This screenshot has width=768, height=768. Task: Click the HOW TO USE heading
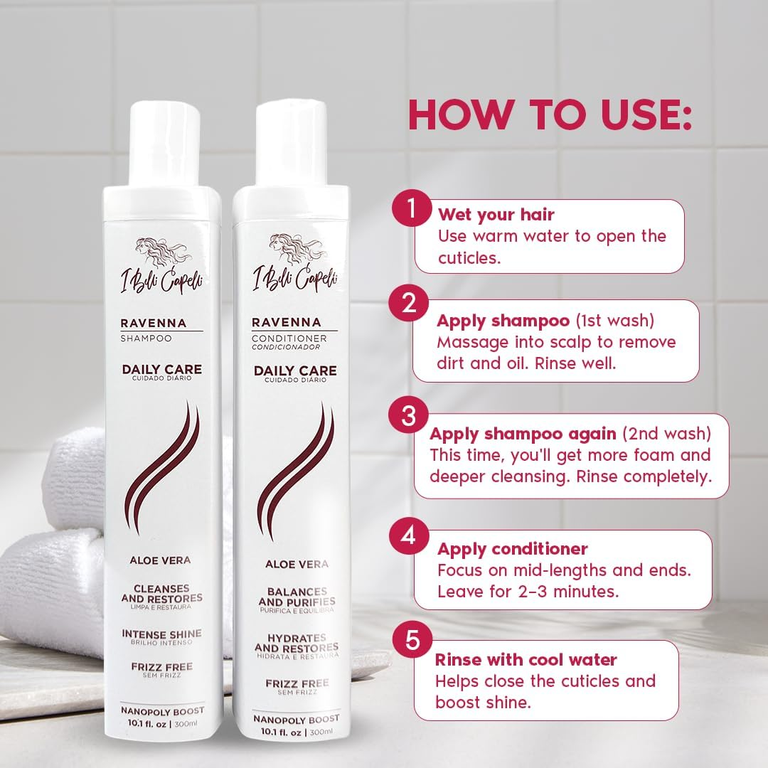tap(549, 114)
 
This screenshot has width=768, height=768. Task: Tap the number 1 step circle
tap(411, 208)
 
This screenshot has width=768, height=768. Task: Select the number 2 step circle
tap(409, 303)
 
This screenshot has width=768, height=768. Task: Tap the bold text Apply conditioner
tap(512, 549)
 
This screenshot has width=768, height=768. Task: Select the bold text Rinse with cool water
tap(526, 659)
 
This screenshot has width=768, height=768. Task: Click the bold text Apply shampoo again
tap(523, 434)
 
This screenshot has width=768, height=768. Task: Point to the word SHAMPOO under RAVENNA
tap(146, 338)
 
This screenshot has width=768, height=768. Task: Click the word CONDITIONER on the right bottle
tap(289, 338)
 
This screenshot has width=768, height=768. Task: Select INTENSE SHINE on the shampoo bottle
tap(161, 634)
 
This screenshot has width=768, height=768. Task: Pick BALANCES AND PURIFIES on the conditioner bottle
tap(297, 597)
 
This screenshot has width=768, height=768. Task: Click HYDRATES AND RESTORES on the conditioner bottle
tap(297, 643)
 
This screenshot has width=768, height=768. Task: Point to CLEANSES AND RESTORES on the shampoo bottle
tap(161, 593)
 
